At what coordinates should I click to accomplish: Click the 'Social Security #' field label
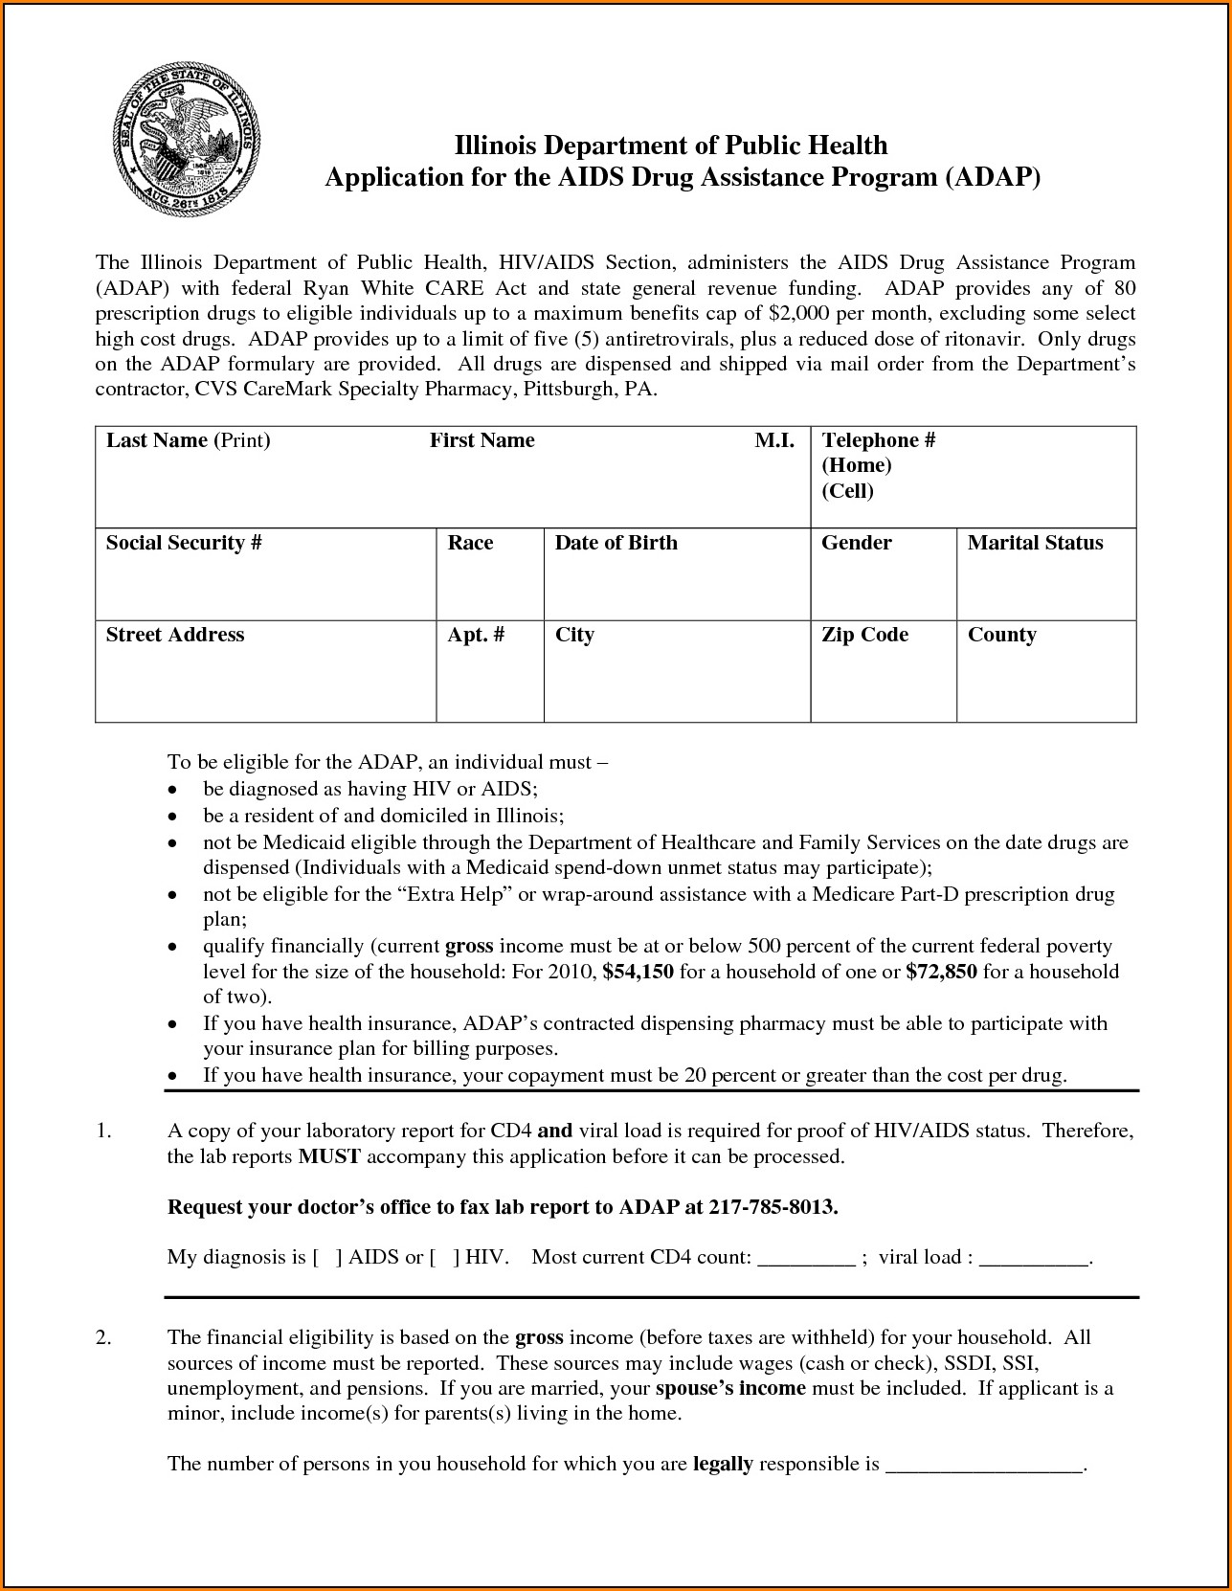tap(184, 543)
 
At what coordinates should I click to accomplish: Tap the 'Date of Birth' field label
tap(616, 543)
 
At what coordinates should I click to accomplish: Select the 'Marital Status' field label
tap(1035, 543)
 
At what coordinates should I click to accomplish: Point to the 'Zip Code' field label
tap(864, 635)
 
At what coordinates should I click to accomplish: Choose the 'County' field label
tap(1001, 635)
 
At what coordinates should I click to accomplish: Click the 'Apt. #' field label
tap(476, 635)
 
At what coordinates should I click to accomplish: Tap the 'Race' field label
tap(470, 543)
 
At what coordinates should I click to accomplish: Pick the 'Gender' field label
tap(856, 543)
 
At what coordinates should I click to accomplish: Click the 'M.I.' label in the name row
tap(774, 440)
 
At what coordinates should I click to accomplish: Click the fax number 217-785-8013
tap(773, 1207)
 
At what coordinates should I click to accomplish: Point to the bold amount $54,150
tap(638, 972)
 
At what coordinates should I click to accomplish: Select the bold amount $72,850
tap(941, 972)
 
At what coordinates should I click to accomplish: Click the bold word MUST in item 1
tap(328, 1156)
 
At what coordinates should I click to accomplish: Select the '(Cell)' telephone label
tap(847, 491)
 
